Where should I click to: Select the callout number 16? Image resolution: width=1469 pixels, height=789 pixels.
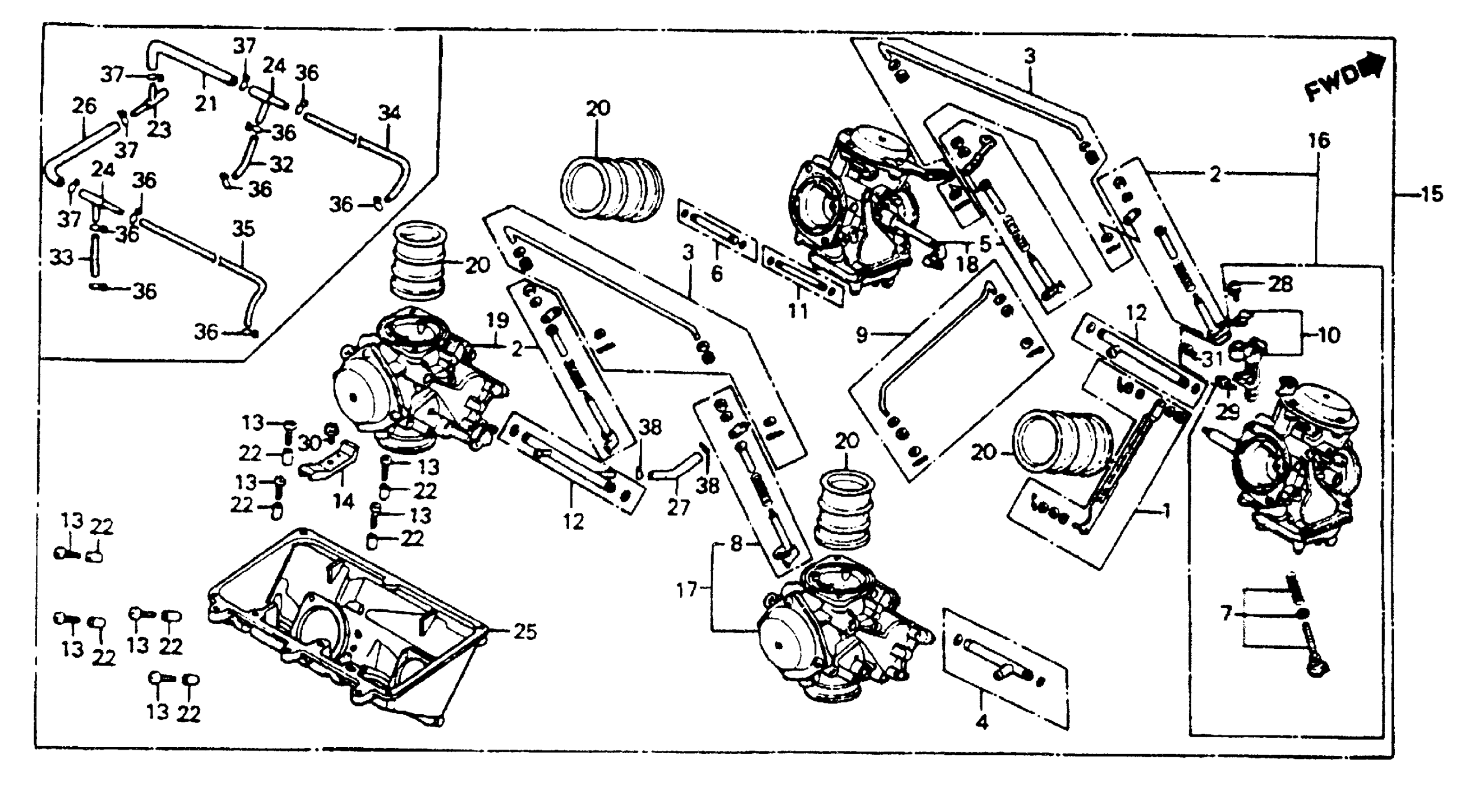coord(1318,140)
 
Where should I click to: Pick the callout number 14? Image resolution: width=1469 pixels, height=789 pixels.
coord(343,502)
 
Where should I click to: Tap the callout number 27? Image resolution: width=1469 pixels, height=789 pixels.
coord(678,507)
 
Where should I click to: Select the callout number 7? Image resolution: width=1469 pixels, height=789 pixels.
coord(1226,614)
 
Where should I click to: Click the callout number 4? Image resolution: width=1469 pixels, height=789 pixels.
coord(981,722)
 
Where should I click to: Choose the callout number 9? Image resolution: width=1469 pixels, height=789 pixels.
coord(861,335)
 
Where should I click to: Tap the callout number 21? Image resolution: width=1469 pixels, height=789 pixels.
coord(205,104)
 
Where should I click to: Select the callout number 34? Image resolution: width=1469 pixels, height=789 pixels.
coord(390,113)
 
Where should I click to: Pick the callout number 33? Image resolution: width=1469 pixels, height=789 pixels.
coord(62,258)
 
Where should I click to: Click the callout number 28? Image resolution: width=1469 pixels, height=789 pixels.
coord(1280,284)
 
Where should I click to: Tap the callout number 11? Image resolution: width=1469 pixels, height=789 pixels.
coord(797,310)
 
